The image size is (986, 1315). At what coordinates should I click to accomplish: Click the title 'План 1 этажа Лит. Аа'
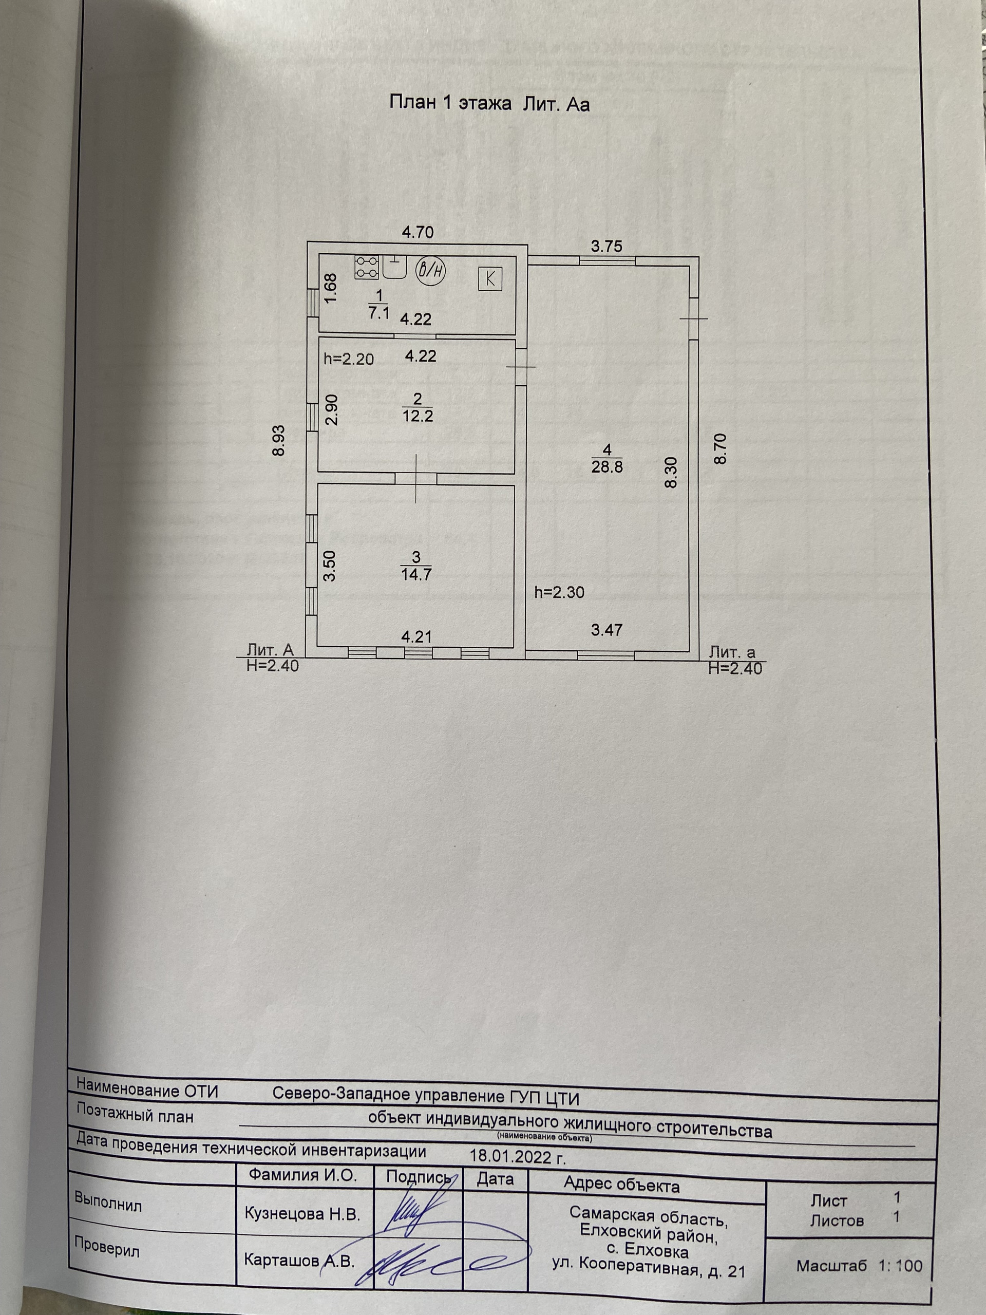pos(489,103)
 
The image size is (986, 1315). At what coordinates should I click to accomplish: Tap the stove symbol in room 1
pos(366,267)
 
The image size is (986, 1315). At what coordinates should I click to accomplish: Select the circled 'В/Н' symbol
pos(431,270)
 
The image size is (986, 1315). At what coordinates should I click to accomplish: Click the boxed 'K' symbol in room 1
pos(490,278)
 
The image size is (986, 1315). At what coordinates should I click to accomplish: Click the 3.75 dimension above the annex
pos(606,246)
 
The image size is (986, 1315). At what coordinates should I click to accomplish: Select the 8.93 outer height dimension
pos(279,440)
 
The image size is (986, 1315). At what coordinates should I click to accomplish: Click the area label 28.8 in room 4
pos(607,466)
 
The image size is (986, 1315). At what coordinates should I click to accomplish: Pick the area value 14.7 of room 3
pos(416,575)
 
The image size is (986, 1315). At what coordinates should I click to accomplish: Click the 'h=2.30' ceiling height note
pos(559,592)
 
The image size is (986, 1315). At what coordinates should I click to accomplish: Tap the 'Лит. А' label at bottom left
pos(271,650)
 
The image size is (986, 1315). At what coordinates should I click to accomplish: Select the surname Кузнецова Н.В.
pos(302,1214)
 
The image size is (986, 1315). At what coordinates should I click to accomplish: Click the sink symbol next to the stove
pos(393,268)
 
